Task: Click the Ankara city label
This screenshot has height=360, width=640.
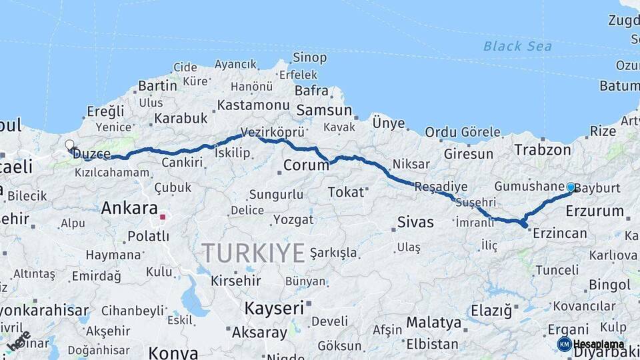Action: pyautogui.click(x=129, y=208)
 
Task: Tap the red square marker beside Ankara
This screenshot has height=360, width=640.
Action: pyautogui.click(x=162, y=217)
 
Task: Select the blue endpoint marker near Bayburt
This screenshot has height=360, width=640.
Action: pyautogui.click(x=571, y=187)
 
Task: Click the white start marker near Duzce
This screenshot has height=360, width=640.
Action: pyautogui.click(x=69, y=144)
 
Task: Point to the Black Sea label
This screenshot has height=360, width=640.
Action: pyautogui.click(x=517, y=46)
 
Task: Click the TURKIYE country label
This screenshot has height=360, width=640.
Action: pyautogui.click(x=253, y=253)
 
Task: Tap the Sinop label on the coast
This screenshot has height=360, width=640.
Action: pyautogui.click(x=309, y=58)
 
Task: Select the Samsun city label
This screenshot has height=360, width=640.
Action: pyautogui.click(x=324, y=110)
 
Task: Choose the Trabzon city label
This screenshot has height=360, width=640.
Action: pyautogui.click(x=543, y=150)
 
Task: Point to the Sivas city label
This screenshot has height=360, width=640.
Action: pyautogui.click(x=415, y=221)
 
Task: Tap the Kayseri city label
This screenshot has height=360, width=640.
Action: pyautogui.click(x=274, y=308)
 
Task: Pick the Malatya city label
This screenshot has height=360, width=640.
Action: pyautogui.click(x=433, y=323)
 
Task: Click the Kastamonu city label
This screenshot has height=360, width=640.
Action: pyautogui.click(x=253, y=105)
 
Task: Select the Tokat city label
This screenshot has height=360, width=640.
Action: pyautogui.click(x=347, y=192)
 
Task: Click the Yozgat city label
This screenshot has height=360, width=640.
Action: pyautogui.click(x=293, y=219)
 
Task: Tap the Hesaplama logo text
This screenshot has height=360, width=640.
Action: pyautogui.click(x=598, y=344)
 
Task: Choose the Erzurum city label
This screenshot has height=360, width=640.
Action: pyautogui.click(x=594, y=211)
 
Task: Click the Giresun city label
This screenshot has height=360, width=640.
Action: pyautogui.click(x=469, y=154)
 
